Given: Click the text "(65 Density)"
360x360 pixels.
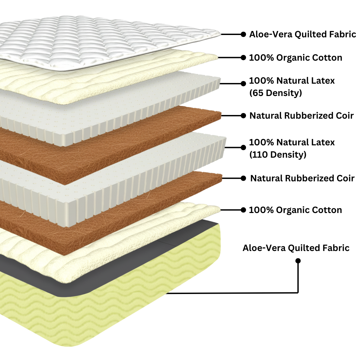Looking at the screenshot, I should pos(275,93).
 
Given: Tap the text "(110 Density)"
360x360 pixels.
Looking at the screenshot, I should pos(278,155).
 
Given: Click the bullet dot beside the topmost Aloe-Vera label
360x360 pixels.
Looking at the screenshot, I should pos(243,34).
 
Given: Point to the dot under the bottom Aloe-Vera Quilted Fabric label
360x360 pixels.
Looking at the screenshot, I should pos(298,261).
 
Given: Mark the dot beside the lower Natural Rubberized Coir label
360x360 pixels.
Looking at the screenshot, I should pos(244,178).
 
